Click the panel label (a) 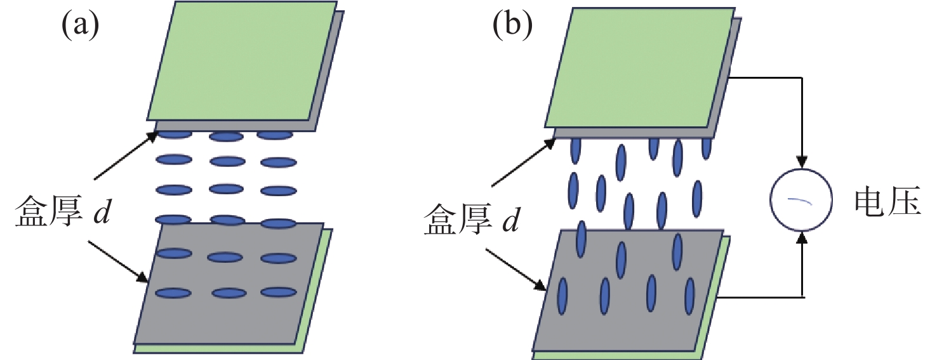80,26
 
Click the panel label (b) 512,26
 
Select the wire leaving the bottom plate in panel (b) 762,297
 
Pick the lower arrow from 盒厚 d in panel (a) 117,260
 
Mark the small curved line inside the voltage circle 801,201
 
